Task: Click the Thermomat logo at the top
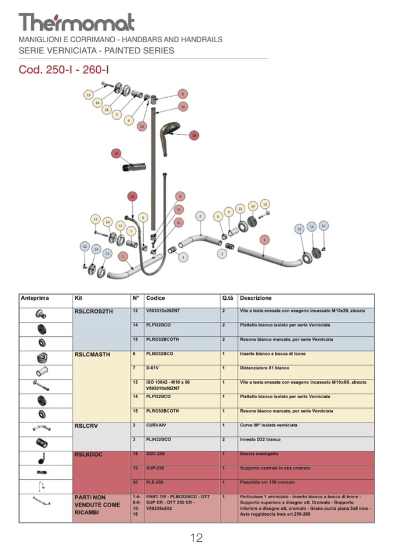pyautogui.click(x=77, y=22)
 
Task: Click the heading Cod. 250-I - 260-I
pyautogui.click(x=64, y=70)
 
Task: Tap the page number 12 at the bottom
pyautogui.click(x=196, y=538)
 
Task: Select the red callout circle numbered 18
pyautogui.click(x=194, y=135)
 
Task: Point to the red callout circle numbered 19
pyautogui.click(x=117, y=153)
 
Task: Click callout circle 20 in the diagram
pyautogui.click(x=132, y=197)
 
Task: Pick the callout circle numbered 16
pyautogui.click(x=183, y=106)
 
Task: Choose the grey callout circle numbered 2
pyautogui.click(x=200, y=216)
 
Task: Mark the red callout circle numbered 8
pyautogui.click(x=183, y=94)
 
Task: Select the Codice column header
pyautogui.click(x=155, y=298)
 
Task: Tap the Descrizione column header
pyautogui.click(x=255, y=298)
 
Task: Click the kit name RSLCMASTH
pyautogui.click(x=93, y=354)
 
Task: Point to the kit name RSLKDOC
pyautogui.click(x=88, y=454)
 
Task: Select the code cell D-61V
pyautogui.click(x=152, y=368)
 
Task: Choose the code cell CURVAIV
pyautogui.click(x=157, y=425)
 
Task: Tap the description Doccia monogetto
pyautogui.click(x=259, y=454)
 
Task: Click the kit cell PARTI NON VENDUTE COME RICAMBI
pyautogui.click(x=97, y=505)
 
